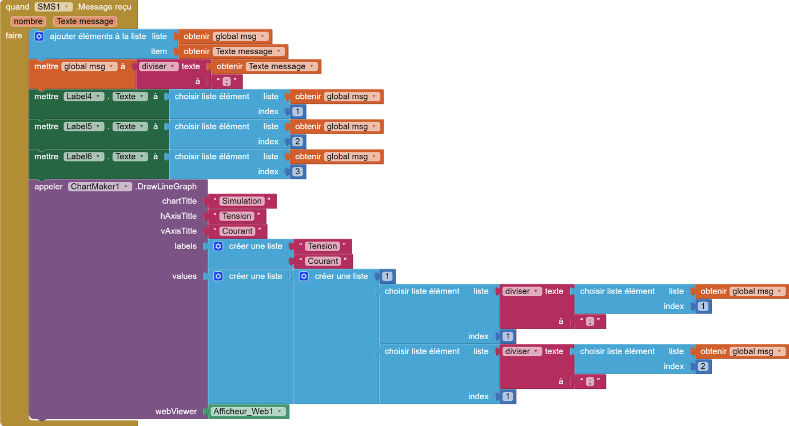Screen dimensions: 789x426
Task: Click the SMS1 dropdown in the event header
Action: [x=54, y=7]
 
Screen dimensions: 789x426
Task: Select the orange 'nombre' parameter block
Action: [x=28, y=21]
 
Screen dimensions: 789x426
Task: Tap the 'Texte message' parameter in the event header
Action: [x=85, y=21]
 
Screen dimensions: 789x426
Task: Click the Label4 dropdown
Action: [x=84, y=97]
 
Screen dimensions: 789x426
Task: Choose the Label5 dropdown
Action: [x=84, y=126]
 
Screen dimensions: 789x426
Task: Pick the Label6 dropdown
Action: [x=84, y=156]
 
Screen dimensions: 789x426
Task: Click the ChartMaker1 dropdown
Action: [x=99, y=186]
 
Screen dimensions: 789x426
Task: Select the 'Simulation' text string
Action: [x=242, y=201]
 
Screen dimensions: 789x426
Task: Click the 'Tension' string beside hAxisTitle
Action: [x=237, y=216]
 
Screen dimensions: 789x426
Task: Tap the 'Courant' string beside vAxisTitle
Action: [x=237, y=231]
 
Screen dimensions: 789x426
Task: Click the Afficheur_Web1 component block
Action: [x=249, y=411]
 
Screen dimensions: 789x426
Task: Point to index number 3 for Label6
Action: [x=298, y=171]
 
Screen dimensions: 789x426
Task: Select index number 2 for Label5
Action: [x=298, y=142]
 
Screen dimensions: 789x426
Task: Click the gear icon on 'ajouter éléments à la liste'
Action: [x=39, y=36]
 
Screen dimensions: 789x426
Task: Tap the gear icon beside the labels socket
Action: [x=218, y=246]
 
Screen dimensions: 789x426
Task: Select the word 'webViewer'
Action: [x=176, y=411]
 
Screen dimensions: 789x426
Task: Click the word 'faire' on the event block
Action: [x=14, y=36]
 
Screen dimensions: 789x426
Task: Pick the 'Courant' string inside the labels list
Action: [x=323, y=261]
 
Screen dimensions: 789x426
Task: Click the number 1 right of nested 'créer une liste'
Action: [x=387, y=276]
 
